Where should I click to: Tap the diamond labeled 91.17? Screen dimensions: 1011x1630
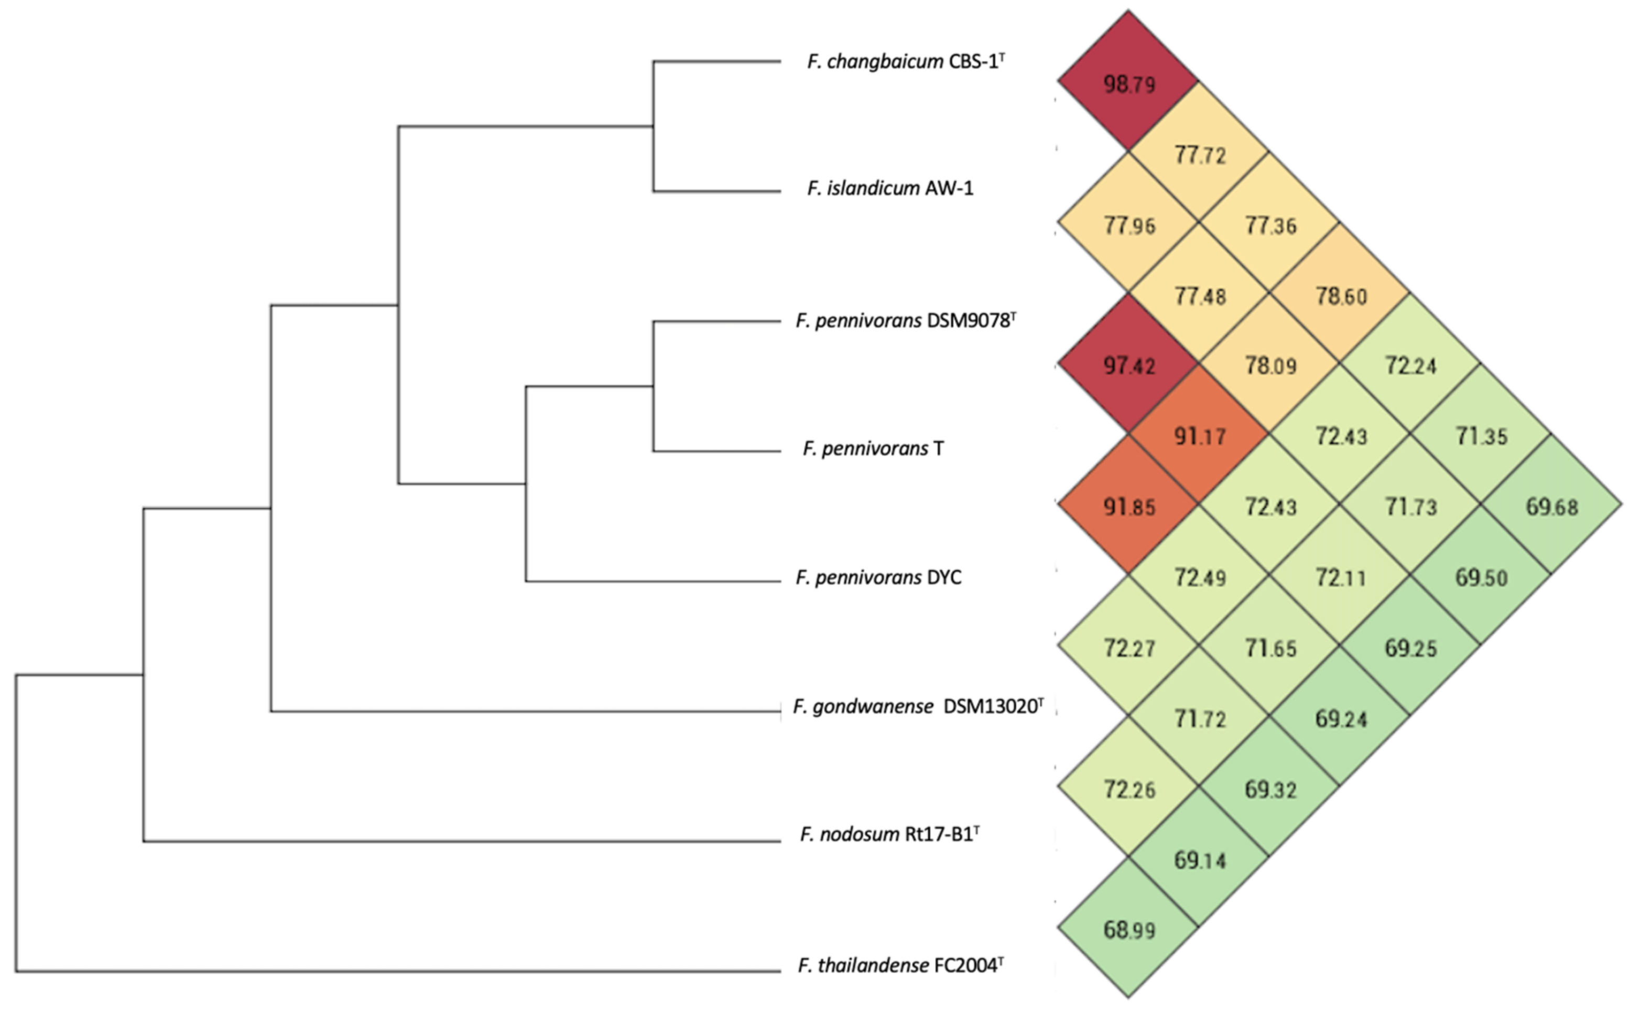click(x=1199, y=436)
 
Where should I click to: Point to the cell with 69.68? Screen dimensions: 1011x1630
click(x=1551, y=506)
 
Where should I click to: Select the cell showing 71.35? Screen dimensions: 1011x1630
click(x=1481, y=436)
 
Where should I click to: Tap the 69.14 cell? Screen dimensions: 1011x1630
click(x=1199, y=859)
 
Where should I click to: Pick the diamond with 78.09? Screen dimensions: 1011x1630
click(x=1270, y=365)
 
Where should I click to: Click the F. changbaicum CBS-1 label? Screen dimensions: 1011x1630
click(x=906, y=61)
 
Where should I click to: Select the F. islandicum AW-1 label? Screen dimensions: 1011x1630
click(x=889, y=189)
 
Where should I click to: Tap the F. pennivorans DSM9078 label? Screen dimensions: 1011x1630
click(x=906, y=321)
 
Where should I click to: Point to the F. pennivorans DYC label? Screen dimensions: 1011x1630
click(x=878, y=577)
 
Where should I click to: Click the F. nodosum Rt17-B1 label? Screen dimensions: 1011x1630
click(x=889, y=834)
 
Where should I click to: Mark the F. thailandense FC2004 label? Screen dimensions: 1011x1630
click(x=900, y=965)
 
